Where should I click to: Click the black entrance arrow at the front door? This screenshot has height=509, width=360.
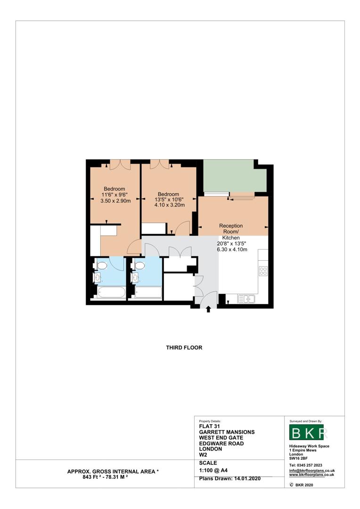(x=209, y=309)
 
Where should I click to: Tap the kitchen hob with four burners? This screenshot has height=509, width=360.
(x=263, y=271)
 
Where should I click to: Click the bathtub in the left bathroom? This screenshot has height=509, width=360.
(x=110, y=292)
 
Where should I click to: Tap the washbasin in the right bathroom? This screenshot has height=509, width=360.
(x=136, y=278)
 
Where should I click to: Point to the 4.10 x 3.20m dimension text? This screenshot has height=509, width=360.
(x=168, y=205)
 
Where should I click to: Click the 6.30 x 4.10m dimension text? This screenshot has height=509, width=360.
(x=231, y=250)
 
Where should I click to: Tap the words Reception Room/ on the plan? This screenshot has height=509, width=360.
(x=231, y=229)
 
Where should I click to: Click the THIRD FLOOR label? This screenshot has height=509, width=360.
(x=184, y=348)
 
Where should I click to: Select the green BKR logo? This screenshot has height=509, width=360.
(x=306, y=433)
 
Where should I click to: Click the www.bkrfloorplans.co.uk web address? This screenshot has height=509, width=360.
(x=311, y=475)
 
